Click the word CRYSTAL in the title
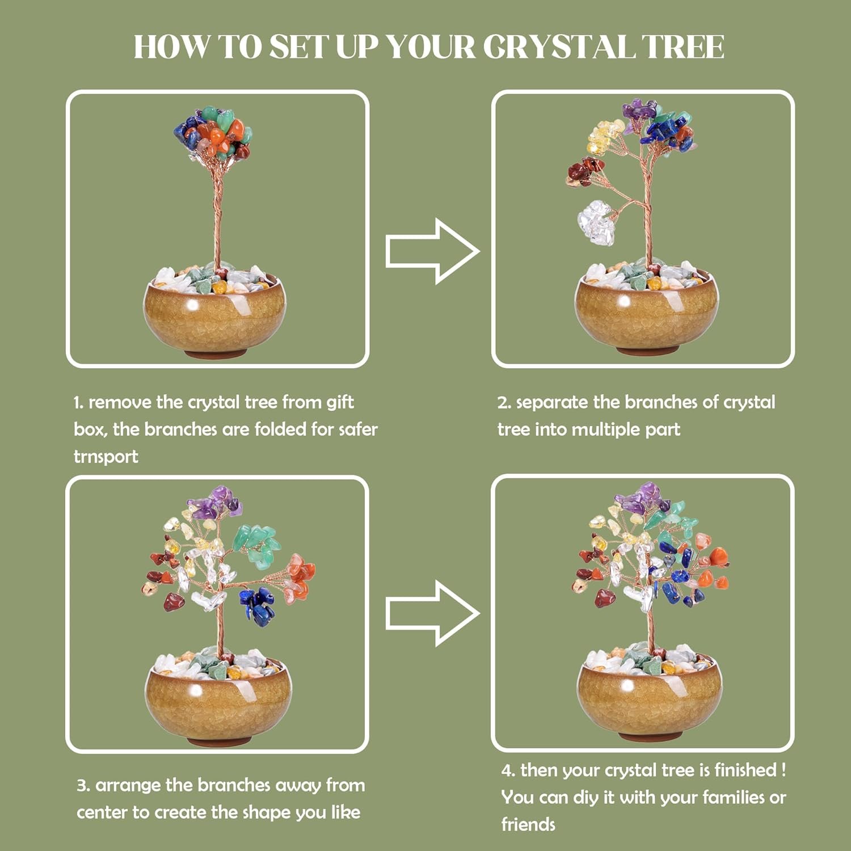click(x=558, y=47)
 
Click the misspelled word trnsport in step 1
click(x=106, y=457)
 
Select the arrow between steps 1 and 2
click(x=432, y=251)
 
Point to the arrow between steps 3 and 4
click(x=432, y=613)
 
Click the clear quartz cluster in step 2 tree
click(x=594, y=223)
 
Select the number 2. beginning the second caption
click(x=504, y=403)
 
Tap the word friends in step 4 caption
click(x=528, y=824)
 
